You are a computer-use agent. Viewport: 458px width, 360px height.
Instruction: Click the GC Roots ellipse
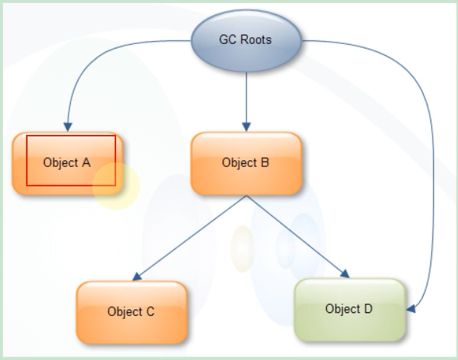pos(245,40)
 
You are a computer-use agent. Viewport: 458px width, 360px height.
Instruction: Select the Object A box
pos(67,163)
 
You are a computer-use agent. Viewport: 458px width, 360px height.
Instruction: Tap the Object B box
pos(247,163)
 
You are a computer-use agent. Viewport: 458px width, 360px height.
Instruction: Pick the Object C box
pos(131,312)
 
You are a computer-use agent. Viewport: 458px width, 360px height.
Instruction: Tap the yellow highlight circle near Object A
pos(116,186)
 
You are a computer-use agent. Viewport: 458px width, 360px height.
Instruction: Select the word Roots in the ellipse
pos(256,40)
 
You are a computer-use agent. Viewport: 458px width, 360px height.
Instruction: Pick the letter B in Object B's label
pos(264,163)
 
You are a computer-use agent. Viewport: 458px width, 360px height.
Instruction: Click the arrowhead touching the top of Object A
pos(68,126)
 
